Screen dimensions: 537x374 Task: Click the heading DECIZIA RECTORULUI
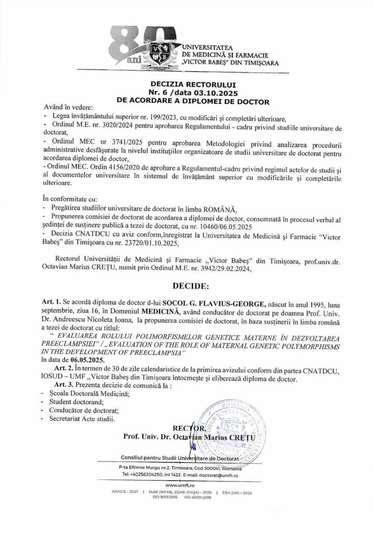(x=187, y=84)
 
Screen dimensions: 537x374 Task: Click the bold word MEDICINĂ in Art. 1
(x=159, y=312)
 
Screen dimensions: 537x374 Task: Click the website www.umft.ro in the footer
(x=187, y=485)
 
